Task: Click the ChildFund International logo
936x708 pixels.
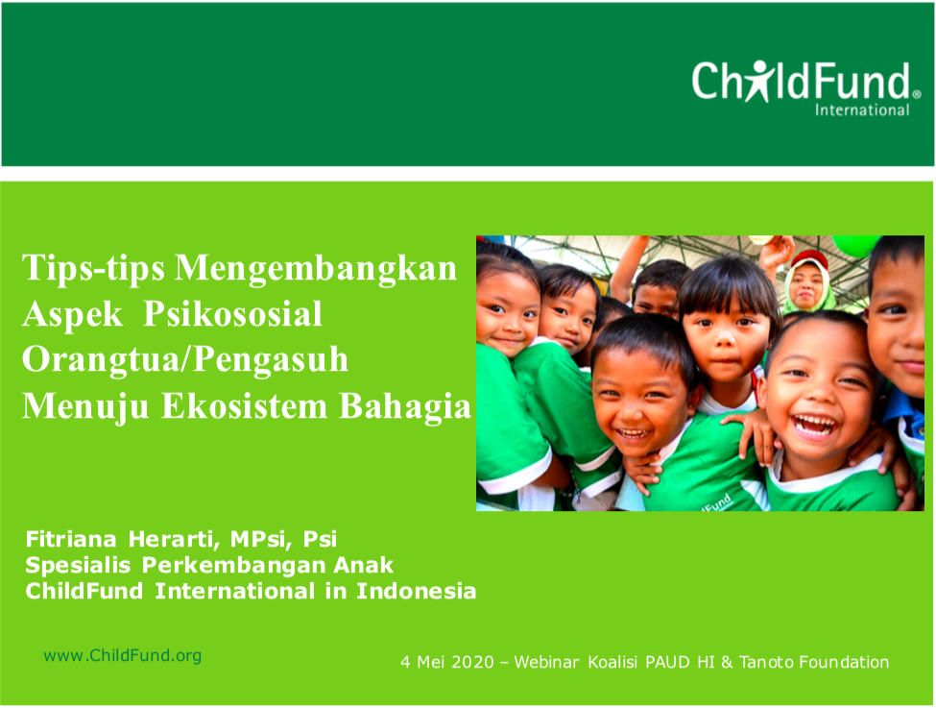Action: pos(806,87)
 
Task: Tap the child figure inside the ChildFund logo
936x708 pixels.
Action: pos(758,81)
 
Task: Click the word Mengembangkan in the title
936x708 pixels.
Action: pos(316,269)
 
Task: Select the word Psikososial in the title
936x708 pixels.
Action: pos(233,314)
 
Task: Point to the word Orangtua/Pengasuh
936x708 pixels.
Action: pos(185,360)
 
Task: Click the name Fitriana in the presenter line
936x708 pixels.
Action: pos(71,539)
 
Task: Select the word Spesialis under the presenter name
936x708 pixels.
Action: pos(78,565)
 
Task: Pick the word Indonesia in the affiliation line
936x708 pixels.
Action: pos(416,591)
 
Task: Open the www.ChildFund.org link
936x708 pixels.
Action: pos(122,655)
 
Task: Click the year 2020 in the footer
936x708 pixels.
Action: pos(472,662)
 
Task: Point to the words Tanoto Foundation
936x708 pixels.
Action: pos(814,662)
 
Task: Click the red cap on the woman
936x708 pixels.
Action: pos(809,257)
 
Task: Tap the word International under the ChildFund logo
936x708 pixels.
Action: pos(862,110)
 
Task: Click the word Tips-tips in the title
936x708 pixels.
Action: pos(93,268)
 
